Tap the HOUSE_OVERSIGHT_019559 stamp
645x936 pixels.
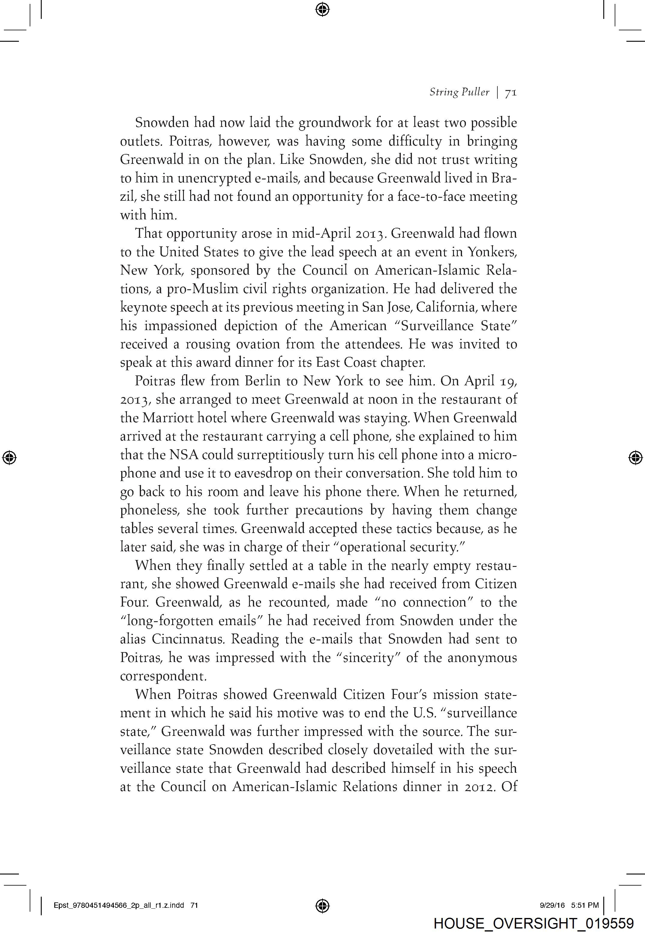pyautogui.click(x=533, y=923)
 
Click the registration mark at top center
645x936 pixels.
pyautogui.click(x=322, y=9)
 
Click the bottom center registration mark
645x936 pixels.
pyautogui.click(x=322, y=906)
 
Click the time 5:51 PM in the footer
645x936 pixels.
pyautogui.click(x=585, y=905)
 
